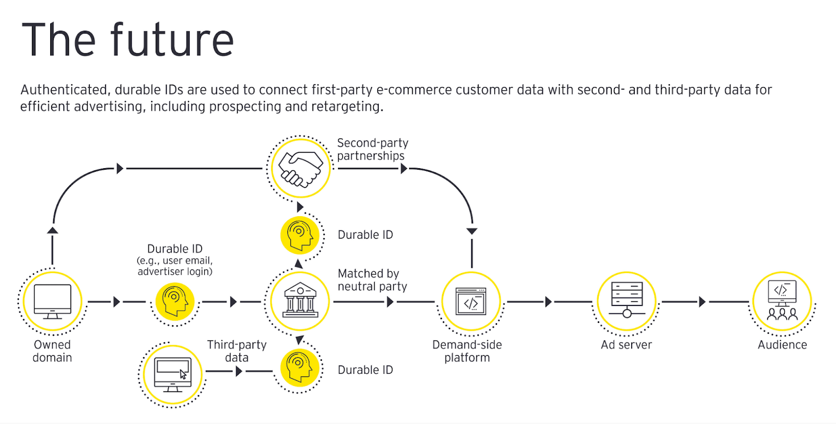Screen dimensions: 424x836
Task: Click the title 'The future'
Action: tap(127, 40)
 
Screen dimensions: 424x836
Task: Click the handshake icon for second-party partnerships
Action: tap(299, 168)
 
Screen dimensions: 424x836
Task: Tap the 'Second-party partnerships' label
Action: tap(372, 149)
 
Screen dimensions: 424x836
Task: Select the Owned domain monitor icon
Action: tap(52, 301)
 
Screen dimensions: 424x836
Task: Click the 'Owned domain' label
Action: tap(52, 351)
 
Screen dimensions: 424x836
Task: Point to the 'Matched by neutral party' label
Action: tap(372, 280)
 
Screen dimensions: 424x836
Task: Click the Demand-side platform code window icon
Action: tap(471, 301)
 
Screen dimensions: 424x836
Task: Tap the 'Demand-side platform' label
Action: tap(467, 351)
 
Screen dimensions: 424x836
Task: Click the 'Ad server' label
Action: tap(626, 345)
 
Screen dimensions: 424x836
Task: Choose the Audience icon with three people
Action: tap(782, 300)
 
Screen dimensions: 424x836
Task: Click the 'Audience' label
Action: tap(782, 345)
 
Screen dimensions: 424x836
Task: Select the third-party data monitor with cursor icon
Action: tap(172, 374)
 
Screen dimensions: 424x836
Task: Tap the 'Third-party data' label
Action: tap(237, 351)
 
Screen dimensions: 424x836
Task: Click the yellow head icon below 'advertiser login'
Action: tap(175, 301)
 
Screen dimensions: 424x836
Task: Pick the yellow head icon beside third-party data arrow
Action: tap(299, 368)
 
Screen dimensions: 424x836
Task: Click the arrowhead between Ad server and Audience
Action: tap(702, 301)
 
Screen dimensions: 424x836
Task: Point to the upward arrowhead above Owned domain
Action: tap(52, 230)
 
